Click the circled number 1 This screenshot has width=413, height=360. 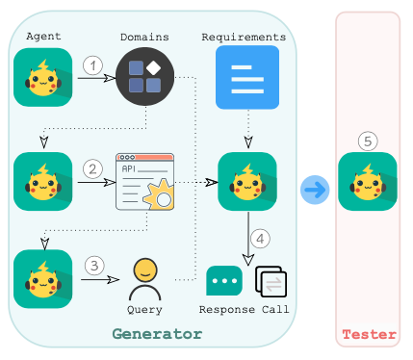pyautogui.click(x=93, y=65)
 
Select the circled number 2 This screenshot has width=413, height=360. pyautogui.click(x=92, y=169)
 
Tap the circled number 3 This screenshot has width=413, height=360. pyautogui.click(x=94, y=266)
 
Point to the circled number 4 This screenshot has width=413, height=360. pyautogui.click(x=260, y=239)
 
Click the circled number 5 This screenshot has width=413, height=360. pyautogui.click(x=368, y=141)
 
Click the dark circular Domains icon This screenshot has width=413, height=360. pyautogui.click(x=144, y=77)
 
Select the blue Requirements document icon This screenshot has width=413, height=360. pyautogui.click(x=247, y=77)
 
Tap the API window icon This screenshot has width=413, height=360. pyautogui.click(x=145, y=182)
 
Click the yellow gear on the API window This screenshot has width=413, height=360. pyautogui.click(x=160, y=195)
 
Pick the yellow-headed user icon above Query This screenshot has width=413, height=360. pyautogui.click(x=145, y=279)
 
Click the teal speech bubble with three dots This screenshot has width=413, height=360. pyautogui.click(x=224, y=281)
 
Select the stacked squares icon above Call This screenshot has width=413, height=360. pyautogui.click(x=271, y=281)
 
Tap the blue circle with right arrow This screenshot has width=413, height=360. pyautogui.click(x=315, y=190)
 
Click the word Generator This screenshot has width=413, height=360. pyautogui.click(x=157, y=334)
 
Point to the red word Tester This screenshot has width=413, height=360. pyautogui.click(x=369, y=335)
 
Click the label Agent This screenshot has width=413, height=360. pyautogui.click(x=43, y=37)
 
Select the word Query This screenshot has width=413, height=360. pyautogui.click(x=144, y=310)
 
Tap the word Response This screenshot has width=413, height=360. pyautogui.click(x=227, y=310)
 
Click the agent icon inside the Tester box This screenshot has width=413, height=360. pyautogui.click(x=368, y=182)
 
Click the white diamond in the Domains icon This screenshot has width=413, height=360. pyautogui.click(x=153, y=68)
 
